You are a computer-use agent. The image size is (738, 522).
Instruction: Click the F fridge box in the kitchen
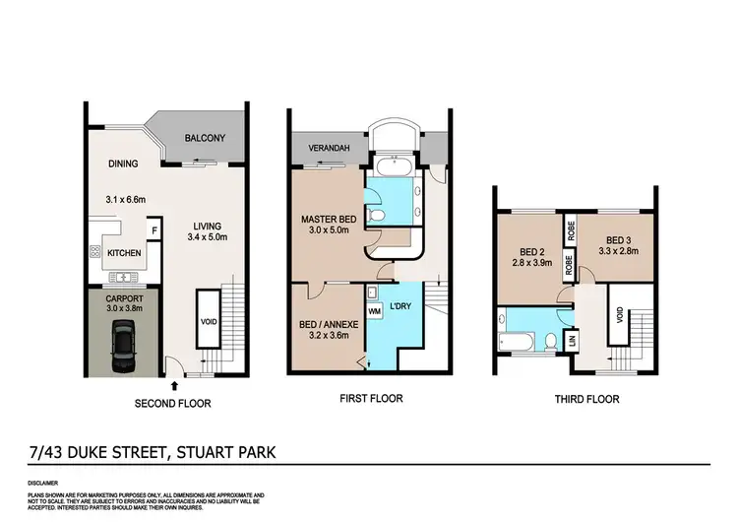coord(153,232)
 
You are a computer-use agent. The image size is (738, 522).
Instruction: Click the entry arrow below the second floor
coord(174,385)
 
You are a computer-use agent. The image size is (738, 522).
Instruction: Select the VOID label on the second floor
coord(207,321)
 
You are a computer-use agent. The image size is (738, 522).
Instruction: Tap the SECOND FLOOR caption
coord(172,403)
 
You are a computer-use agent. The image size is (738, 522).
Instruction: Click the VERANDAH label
coord(325,149)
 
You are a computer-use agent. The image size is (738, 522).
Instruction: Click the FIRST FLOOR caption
coord(370,399)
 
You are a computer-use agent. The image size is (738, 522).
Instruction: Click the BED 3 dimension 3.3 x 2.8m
coord(620,252)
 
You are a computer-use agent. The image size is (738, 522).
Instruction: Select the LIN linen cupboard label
coord(572,340)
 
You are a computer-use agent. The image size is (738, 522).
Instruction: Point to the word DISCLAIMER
coord(45,484)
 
